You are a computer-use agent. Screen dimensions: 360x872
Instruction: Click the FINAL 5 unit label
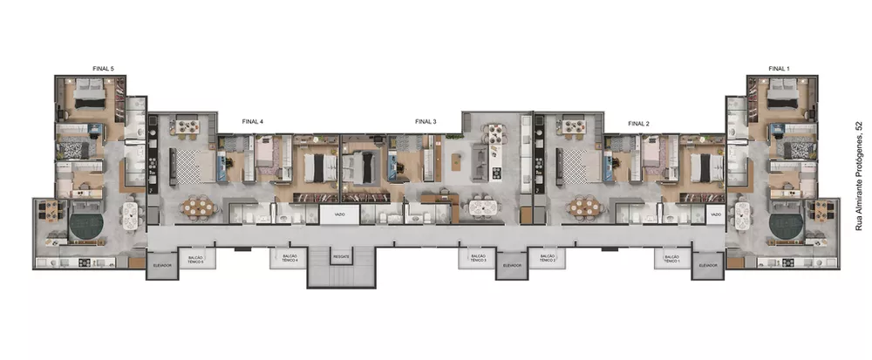[103, 67]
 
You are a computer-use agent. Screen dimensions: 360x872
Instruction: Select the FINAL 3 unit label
[426, 123]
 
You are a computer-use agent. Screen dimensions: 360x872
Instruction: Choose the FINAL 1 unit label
[779, 67]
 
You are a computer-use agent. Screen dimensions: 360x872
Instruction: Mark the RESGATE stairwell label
[340, 257]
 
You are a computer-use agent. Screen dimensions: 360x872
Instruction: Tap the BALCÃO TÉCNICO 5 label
[196, 259]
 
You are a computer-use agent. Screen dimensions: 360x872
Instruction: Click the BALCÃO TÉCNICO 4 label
[290, 259]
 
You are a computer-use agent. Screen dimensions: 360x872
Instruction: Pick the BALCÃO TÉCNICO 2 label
[547, 259]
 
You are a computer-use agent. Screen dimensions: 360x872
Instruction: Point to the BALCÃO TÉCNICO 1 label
[671, 259]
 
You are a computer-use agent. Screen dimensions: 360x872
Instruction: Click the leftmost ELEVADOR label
[162, 264]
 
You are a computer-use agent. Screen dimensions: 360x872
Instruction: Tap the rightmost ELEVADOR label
[708, 264]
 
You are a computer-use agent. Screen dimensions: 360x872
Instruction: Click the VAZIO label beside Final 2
[715, 214]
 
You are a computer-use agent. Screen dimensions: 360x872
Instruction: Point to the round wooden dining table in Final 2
[584, 207]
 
